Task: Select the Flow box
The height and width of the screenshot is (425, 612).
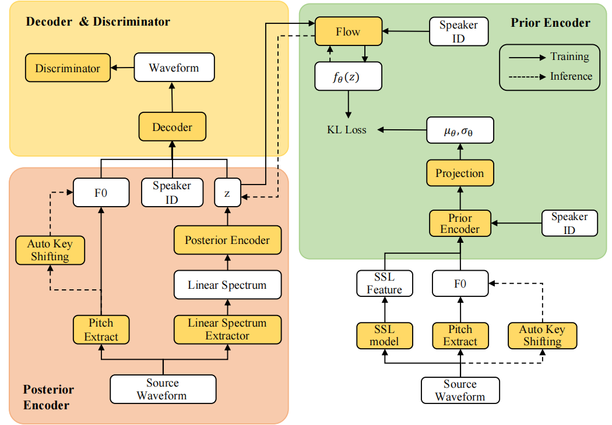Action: click(x=348, y=31)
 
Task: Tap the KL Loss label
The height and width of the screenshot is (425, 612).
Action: click(x=346, y=129)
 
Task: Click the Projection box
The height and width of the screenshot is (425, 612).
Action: click(x=459, y=173)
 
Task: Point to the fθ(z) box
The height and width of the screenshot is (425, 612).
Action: click(x=348, y=76)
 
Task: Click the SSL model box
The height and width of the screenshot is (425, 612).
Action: click(x=384, y=335)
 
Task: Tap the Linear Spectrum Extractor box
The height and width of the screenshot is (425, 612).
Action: click(x=227, y=330)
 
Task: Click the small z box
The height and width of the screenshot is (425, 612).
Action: click(x=227, y=193)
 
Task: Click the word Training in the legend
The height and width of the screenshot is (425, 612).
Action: click(x=569, y=56)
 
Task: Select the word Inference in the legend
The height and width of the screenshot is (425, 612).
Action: click(x=571, y=76)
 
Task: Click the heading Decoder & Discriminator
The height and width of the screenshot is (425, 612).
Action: click(x=98, y=22)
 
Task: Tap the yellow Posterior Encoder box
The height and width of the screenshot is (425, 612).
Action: click(x=227, y=240)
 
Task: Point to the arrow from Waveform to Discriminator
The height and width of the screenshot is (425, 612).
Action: click(x=122, y=68)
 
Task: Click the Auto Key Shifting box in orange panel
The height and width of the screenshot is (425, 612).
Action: click(x=50, y=250)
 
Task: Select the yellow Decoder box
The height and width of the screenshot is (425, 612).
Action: click(x=172, y=127)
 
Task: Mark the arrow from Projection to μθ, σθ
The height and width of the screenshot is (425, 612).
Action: click(x=459, y=151)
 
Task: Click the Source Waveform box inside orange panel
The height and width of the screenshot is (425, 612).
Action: click(x=163, y=389)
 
